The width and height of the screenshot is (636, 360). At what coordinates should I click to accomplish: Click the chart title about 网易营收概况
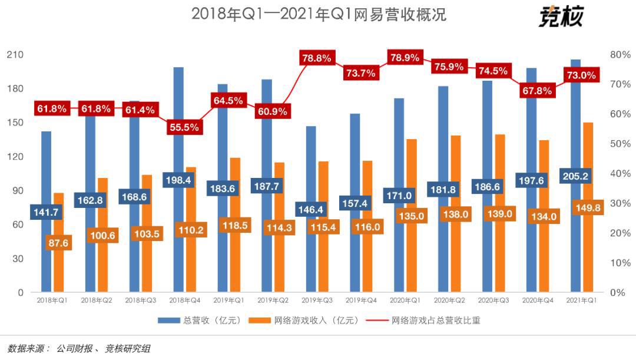point(319,14)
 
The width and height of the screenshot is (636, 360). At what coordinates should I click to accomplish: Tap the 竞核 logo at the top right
point(560,16)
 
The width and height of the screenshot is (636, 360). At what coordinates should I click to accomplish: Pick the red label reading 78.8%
point(317,58)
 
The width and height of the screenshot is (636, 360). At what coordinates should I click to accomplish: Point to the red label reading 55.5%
point(183,127)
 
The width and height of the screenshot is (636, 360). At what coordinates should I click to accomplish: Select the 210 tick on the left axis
point(15,54)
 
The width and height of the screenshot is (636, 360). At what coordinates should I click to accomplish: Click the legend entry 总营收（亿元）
point(200,321)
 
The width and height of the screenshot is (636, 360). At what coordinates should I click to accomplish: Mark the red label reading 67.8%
point(536,91)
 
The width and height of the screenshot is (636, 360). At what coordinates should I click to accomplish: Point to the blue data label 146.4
point(312,209)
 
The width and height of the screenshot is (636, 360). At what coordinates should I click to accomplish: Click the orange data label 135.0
point(412,216)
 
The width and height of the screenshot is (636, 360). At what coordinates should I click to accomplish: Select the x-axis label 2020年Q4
point(537,300)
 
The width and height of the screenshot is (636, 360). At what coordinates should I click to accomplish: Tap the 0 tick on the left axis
point(19,292)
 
